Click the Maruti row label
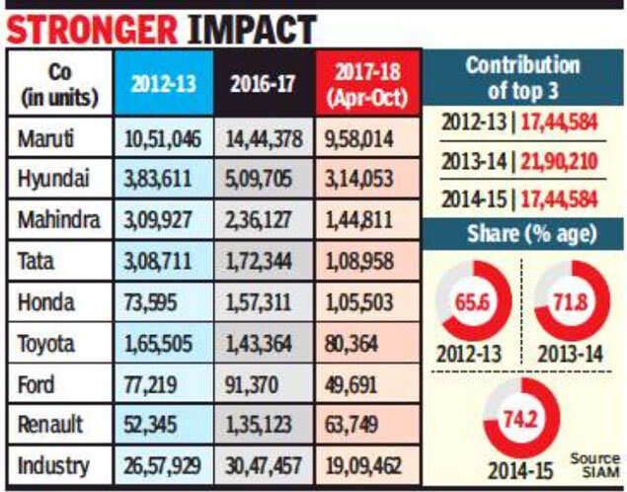(x=47, y=139)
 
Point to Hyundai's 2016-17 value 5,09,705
(x=264, y=181)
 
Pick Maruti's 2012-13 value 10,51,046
(x=164, y=139)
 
